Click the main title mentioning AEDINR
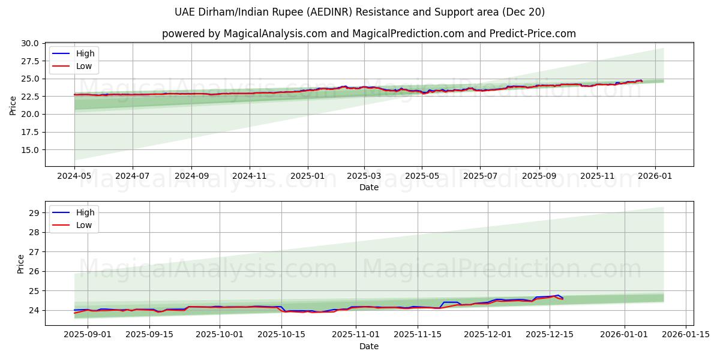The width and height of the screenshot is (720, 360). coord(360,12)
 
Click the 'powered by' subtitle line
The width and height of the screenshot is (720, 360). coord(368,34)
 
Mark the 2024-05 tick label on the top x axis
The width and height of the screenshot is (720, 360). coord(74,177)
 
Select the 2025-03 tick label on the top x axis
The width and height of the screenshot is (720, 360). coord(364,177)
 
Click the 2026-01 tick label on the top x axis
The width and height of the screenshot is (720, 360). coord(654,177)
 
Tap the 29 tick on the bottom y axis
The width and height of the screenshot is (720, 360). coord(34,212)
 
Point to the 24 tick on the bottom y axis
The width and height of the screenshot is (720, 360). coord(34,310)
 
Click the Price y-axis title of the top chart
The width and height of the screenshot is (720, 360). coord(13,105)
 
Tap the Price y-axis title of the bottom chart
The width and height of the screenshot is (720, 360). coord(21,263)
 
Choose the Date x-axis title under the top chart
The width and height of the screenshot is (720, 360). coord(368,187)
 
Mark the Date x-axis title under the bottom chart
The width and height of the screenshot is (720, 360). coord(368,346)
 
